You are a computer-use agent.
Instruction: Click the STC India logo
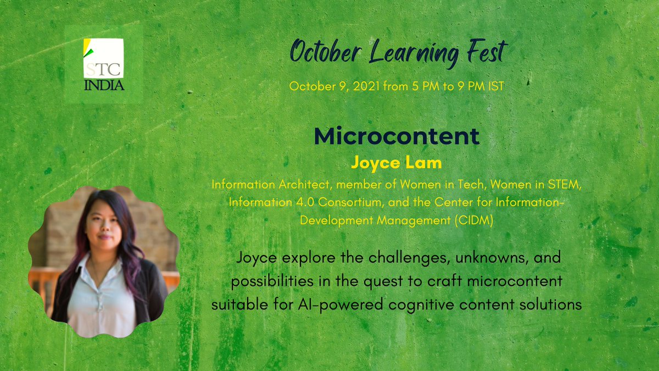point(104,64)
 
